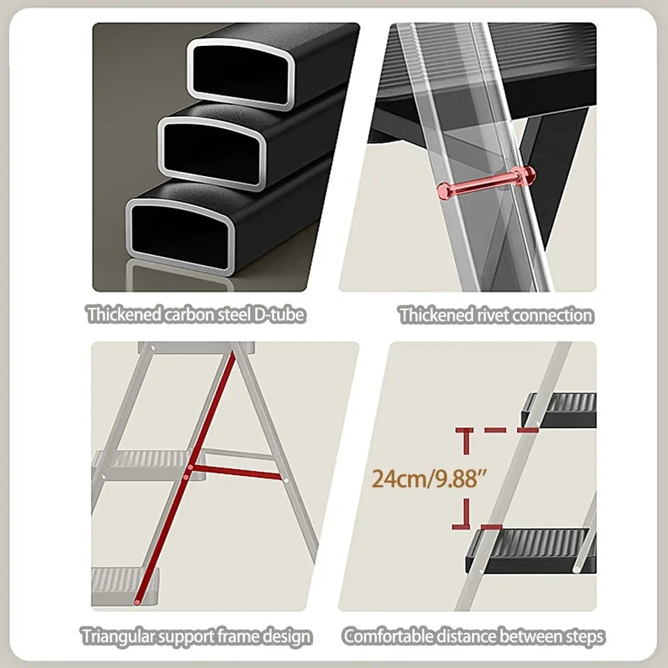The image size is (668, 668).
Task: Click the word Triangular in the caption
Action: pos(117,637)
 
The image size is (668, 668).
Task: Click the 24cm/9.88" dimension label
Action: pos(429,479)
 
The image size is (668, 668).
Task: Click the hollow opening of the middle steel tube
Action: pos(212,152)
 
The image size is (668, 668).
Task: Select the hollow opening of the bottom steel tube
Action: pos(181,235)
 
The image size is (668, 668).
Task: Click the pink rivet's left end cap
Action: pos(444,191)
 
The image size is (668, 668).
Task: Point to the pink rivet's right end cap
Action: pos(525,175)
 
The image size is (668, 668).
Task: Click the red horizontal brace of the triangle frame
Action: pos(237,472)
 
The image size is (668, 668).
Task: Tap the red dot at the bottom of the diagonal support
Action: pos(137,602)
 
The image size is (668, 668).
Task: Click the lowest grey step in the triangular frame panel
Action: pos(125,586)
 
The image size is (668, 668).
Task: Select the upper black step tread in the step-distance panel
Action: pos(559,410)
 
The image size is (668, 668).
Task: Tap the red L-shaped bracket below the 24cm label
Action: pos(464,515)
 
